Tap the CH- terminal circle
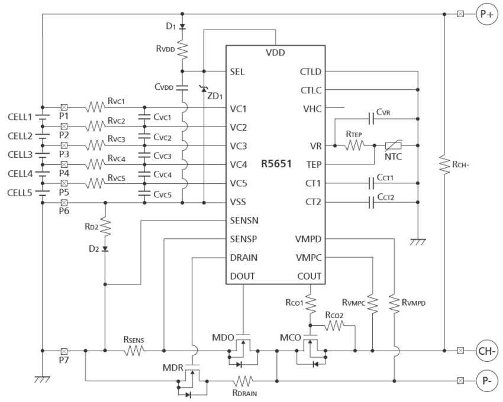(486, 350)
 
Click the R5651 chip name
(276, 164)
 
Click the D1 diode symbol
(183, 27)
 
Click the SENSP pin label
(243, 239)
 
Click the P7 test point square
(64, 351)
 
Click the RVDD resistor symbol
(183, 51)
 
